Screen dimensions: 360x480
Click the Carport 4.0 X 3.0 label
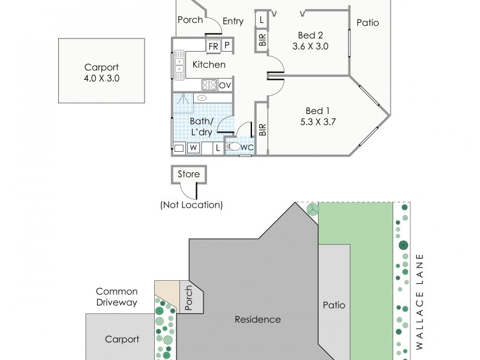coord(101,73)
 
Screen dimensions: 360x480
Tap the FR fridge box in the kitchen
coord(213,46)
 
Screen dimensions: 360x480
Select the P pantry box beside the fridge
coord(227,46)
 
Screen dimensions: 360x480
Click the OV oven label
coord(225,85)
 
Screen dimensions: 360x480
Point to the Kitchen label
coord(209,65)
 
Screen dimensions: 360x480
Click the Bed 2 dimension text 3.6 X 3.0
coord(310,46)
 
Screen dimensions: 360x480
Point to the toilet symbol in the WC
coord(234,146)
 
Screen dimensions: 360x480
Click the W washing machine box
coord(193,148)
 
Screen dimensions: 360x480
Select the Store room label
coord(188,174)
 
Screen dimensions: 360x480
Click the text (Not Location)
coord(191,205)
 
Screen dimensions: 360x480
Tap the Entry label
coord(233,21)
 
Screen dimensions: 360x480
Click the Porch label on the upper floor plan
coord(190,20)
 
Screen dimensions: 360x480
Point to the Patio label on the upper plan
coord(368,23)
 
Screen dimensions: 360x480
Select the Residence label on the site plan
coord(257,319)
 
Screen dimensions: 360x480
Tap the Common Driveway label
coord(116,297)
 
